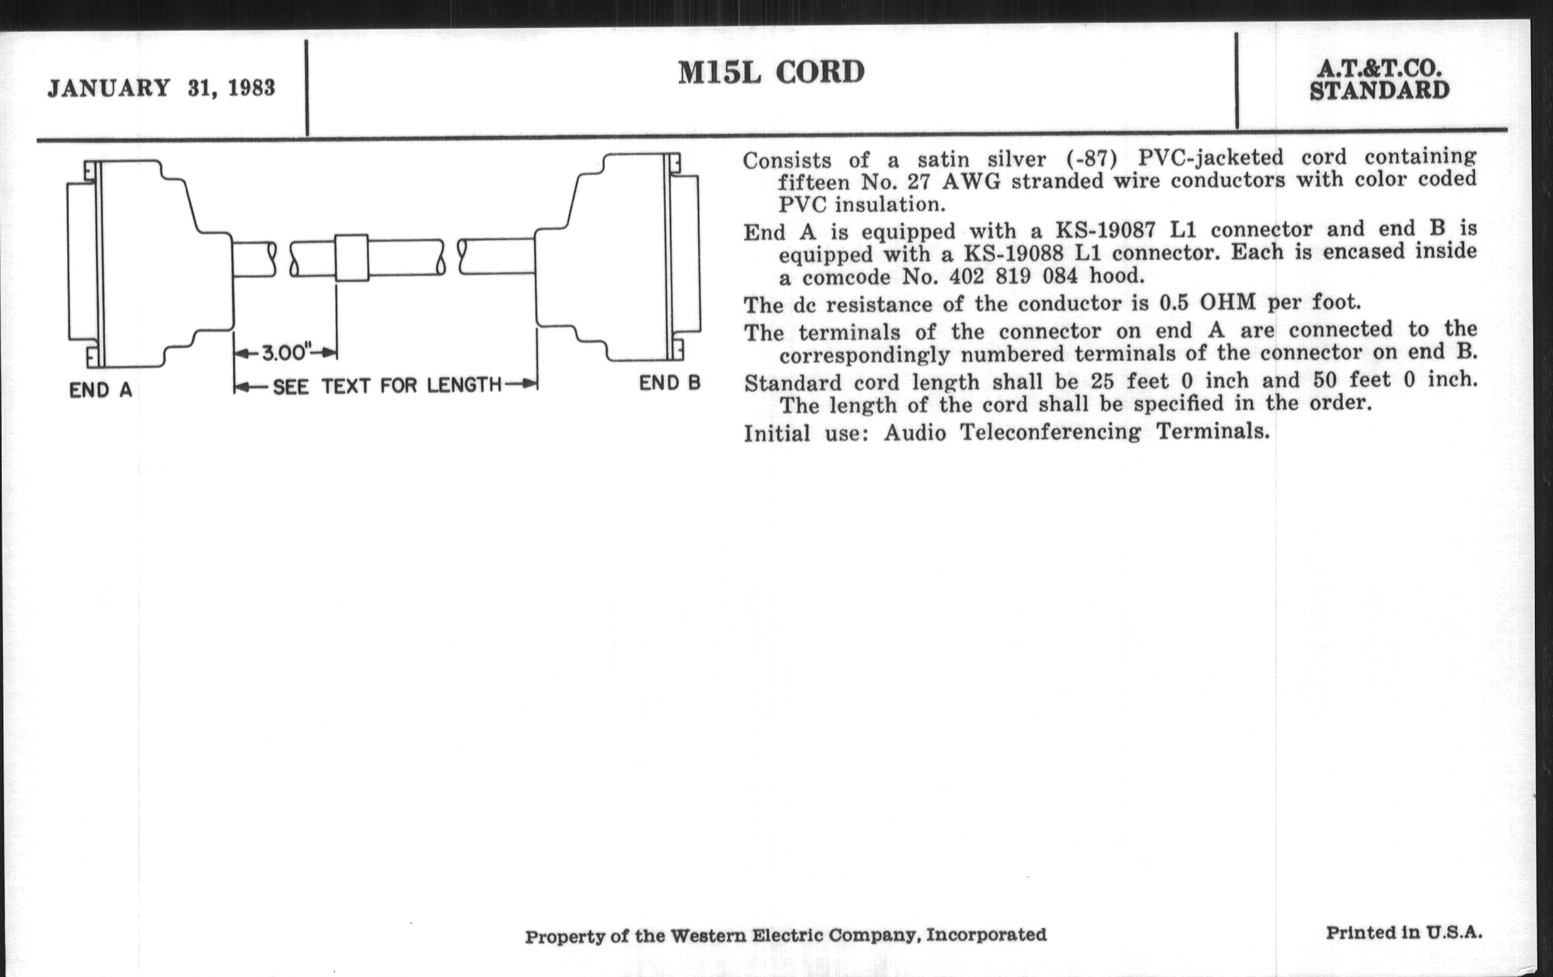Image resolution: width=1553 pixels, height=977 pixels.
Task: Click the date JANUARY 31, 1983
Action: click(x=161, y=87)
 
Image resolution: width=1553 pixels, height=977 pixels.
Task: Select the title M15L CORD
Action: click(x=771, y=72)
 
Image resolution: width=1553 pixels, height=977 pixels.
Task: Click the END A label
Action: click(x=101, y=390)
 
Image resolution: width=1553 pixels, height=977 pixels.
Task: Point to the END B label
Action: click(x=669, y=383)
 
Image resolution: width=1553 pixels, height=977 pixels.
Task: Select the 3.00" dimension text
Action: click(x=286, y=352)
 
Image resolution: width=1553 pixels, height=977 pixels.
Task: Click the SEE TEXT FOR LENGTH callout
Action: click(x=386, y=386)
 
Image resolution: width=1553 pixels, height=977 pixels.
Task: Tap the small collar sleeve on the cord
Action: click(x=351, y=257)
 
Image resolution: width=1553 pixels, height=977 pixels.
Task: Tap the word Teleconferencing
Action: click(x=1050, y=432)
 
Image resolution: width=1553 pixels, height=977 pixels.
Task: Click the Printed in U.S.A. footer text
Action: click(x=1404, y=932)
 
